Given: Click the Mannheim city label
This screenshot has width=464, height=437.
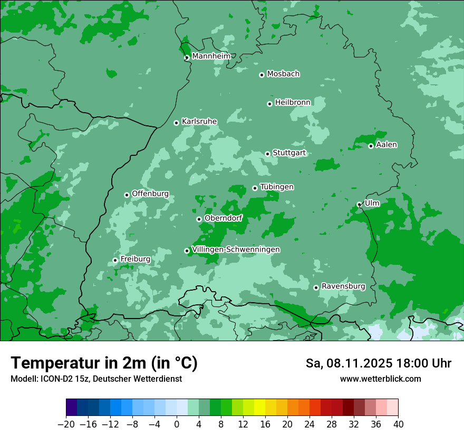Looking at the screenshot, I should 211,56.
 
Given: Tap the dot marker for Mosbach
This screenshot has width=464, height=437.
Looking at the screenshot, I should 262,75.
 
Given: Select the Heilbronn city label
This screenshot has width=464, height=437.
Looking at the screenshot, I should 293,102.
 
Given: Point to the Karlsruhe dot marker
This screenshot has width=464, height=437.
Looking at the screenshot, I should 177,123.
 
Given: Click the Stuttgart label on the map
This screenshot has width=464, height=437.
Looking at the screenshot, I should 289,153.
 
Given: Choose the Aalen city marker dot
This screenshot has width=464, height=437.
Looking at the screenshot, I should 371,146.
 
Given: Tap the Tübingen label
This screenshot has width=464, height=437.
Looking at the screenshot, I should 277,187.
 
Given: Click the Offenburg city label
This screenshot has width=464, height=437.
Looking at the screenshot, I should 150,194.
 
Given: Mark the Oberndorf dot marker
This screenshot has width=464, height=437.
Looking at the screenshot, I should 199,219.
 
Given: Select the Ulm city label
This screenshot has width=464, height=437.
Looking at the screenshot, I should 372,203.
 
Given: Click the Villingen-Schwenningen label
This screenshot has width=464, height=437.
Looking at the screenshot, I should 236,250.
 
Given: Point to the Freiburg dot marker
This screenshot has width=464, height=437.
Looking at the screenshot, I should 115,260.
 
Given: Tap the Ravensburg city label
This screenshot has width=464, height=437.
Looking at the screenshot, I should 343,286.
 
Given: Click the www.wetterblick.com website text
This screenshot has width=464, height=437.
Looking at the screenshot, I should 380,379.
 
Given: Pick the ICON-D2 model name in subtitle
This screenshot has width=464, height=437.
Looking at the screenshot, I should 56,379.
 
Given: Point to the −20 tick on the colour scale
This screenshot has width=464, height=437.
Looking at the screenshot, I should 66,424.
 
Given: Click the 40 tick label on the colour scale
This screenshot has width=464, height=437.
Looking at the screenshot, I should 398,424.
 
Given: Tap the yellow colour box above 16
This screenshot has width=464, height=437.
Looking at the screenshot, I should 259,408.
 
